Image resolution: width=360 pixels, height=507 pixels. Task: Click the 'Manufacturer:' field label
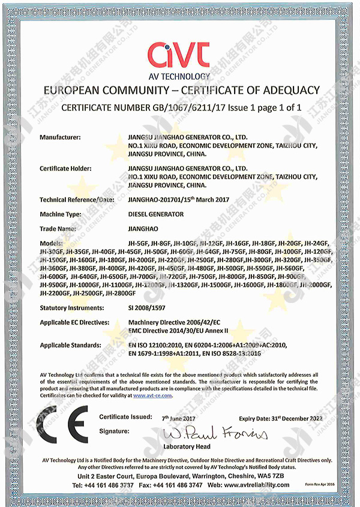pos(61,137)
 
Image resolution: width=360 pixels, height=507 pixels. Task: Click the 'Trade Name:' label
pos(58,229)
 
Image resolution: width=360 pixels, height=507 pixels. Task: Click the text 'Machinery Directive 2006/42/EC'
pos(171,322)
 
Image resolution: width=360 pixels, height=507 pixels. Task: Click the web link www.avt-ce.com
pos(152,396)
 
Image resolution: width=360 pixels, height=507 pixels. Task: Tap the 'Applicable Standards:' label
pos(70,346)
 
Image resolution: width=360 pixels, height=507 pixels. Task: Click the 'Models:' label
pos(52,243)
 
